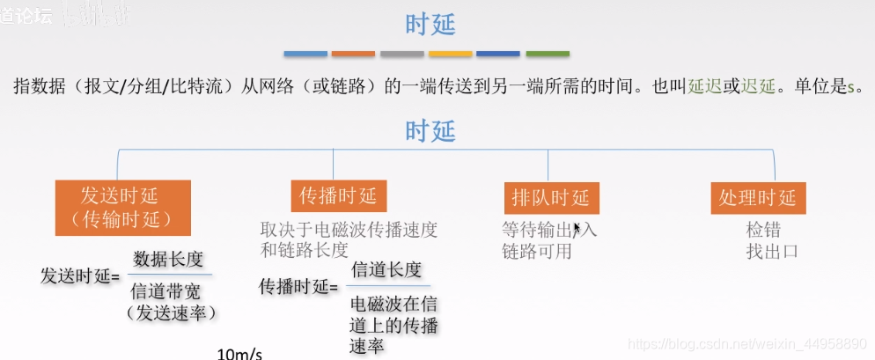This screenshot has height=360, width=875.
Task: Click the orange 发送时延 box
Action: point(124,207)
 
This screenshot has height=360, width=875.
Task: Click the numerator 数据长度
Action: point(168,259)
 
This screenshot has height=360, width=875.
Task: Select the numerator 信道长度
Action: point(386,269)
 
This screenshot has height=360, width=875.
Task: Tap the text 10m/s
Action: point(239,354)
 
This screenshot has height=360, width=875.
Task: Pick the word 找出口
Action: point(772,251)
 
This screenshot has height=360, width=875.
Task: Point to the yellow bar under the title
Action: point(450,54)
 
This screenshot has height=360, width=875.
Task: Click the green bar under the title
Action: point(547,54)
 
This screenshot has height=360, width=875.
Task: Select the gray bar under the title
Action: point(402,54)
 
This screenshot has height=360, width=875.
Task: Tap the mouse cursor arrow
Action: point(577,229)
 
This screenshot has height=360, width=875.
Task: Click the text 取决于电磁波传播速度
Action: point(349,230)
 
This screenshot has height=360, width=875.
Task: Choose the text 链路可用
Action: point(537,251)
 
